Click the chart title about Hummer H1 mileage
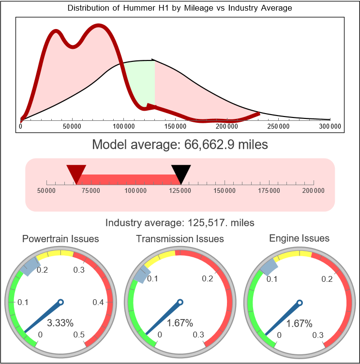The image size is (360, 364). (180, 8)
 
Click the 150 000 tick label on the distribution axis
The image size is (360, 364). (176, 127)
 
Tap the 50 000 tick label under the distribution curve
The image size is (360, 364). (72, 127)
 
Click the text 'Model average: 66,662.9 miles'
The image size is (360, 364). (180, 144)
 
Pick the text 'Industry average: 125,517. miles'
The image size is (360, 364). (180, 223)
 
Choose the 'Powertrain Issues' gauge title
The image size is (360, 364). (60, 239)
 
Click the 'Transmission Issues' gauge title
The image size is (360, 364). (180, 239)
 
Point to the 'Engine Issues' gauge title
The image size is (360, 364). (299, 238)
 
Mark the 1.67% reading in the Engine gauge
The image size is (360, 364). (299, 323)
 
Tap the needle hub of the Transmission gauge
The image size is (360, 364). (180, 303)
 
